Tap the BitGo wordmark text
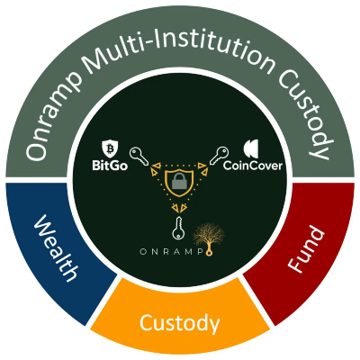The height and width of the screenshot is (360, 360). click(110, 166)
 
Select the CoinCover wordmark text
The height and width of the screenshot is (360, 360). click(253, 166)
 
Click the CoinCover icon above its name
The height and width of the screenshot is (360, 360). click(251, 149)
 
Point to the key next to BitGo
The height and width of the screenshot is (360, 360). click(139, 157)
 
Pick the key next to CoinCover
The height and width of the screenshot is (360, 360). click(219, 156)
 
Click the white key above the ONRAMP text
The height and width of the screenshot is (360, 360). click(177, 228)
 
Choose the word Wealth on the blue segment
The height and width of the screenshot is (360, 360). click(56, 247)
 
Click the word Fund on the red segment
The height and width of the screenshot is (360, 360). click(306, 250)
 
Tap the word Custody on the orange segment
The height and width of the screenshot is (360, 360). click(179, 324)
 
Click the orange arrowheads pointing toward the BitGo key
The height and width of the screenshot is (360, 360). click(155, 168)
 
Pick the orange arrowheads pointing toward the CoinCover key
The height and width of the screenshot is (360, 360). click(202, 168)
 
